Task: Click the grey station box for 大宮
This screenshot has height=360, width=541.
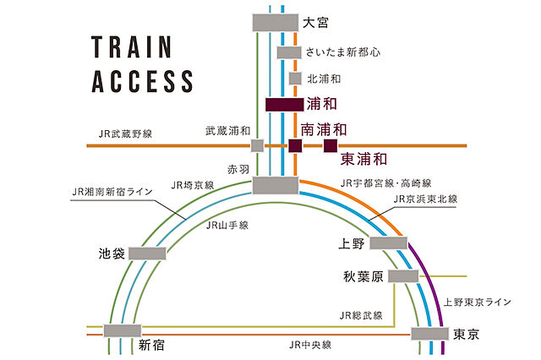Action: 276,23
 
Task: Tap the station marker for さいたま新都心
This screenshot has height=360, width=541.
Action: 289,52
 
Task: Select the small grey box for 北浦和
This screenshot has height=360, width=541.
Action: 295,79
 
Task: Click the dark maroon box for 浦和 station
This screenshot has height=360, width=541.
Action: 285,105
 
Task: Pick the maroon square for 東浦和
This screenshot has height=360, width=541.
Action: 331,146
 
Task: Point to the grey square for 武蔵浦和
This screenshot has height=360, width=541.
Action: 257,145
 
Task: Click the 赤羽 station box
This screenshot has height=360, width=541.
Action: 276,185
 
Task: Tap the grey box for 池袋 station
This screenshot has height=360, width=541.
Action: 147,254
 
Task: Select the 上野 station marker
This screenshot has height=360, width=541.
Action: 389,243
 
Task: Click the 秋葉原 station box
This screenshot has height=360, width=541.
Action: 403,276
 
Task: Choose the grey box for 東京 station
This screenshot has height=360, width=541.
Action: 429,334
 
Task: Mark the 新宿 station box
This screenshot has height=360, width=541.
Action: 123,330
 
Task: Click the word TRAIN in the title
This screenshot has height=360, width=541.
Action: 132,46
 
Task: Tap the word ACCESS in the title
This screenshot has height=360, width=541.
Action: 142,81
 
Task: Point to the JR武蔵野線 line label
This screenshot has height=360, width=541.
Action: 125,134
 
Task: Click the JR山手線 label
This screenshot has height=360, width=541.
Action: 227,226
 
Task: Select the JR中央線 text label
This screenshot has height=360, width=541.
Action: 310,345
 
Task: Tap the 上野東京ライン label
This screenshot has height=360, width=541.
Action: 477,302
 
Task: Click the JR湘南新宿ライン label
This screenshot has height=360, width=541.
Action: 112,192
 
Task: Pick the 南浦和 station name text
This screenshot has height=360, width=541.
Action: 324,129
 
